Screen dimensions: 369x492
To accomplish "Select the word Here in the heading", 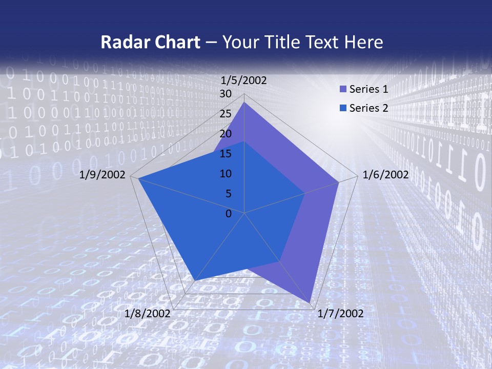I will click(364, 42).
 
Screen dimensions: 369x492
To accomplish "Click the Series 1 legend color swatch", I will click(343, 89).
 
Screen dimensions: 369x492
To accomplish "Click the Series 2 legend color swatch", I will click(343, 108).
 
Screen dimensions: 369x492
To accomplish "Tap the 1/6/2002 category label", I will click(385, 175).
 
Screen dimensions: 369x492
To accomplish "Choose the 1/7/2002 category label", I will click(340, 314).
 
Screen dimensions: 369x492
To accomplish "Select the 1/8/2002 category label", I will click(148, 314).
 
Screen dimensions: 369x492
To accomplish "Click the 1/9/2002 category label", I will click(102, 175).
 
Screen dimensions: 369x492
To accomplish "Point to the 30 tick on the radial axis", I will click(225, 94).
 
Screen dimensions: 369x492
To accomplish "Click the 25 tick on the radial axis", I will click(225, 114).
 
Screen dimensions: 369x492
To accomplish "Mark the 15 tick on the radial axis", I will click(225, 154).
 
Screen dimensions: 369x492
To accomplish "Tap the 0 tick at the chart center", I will click(229, 214).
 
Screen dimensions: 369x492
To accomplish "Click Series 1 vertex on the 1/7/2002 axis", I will click(311, 303).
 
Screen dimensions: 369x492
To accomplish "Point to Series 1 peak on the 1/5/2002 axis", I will click(244, 102).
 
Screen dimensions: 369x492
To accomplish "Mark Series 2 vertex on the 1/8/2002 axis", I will click(195, 280).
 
